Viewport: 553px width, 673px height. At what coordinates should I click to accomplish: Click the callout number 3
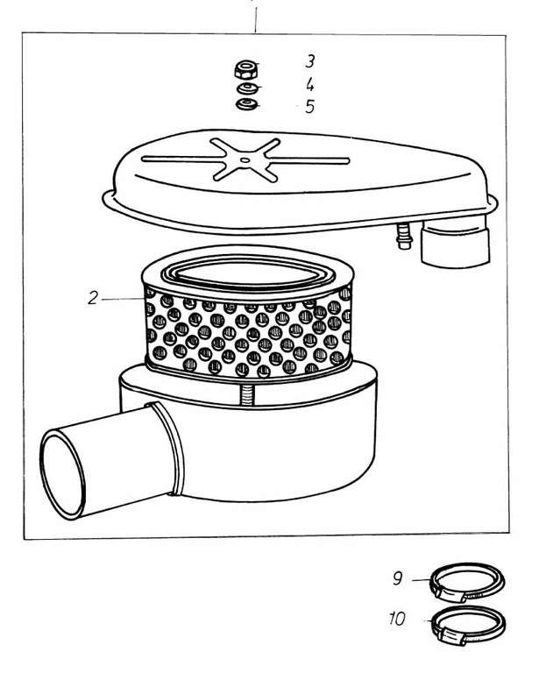point(310,61)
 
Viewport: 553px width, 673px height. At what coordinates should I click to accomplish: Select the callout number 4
point(310,84)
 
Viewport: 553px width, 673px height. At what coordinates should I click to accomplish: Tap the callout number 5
point(310,106)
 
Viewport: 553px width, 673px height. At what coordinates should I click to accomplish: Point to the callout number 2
point(93,298)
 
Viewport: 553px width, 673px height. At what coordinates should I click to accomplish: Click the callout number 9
point(398,578)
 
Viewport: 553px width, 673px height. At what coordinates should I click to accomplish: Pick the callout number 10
point(397,619)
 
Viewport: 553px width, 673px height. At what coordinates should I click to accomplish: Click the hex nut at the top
point(246,69)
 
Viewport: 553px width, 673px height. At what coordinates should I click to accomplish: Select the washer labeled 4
point(248,89)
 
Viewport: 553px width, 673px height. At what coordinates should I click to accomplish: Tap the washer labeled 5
point(247,104)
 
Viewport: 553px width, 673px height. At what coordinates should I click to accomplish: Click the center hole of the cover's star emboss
point(245,160)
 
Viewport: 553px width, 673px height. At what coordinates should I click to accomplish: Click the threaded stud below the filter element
point(248,394)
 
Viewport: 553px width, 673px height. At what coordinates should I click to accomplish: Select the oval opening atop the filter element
point(248,273)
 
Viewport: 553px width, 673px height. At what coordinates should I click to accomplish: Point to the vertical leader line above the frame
point(256,17)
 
